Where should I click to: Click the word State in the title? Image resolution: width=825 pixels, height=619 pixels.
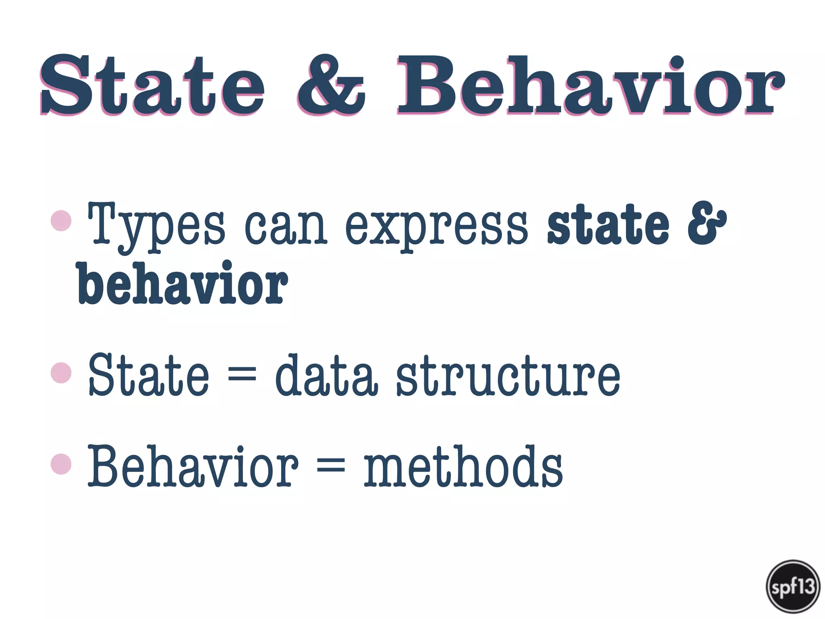pos(152,85)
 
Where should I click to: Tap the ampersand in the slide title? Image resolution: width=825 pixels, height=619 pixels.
pos(331,85)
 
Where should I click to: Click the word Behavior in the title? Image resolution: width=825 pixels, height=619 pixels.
pos(591,85)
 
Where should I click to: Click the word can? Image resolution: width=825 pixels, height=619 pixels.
pos(285,228)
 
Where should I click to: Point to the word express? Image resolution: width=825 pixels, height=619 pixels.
pos(436,228)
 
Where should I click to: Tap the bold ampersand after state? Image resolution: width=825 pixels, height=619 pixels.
pos(707,223)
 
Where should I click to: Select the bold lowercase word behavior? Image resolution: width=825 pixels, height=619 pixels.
pos(182,284)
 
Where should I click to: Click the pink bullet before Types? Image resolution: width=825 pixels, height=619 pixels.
pos(61,221)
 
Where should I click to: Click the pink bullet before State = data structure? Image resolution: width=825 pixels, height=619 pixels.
pos(61,373)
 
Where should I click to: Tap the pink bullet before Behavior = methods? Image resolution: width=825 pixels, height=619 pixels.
pos(61,464)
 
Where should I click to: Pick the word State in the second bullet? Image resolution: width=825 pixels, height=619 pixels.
pos(148,375)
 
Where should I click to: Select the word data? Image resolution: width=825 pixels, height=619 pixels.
pos(326,375)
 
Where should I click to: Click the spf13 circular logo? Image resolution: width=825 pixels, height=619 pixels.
pos(793,586)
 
